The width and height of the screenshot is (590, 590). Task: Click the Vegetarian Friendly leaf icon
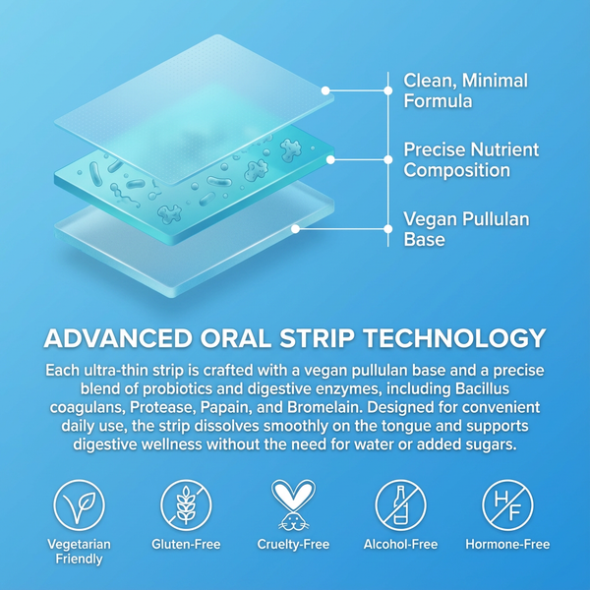tap(79, 505)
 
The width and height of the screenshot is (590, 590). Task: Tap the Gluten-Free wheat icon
tap(186, 505)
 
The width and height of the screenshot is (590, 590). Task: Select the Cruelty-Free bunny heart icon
tap(294, 505)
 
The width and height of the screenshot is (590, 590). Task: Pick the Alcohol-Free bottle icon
tap(401, 505)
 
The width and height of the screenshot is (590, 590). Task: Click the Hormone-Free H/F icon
tap(507, 505)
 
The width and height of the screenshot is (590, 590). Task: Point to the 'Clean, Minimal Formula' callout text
tap(465, 90)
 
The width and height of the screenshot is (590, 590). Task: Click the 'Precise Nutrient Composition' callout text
tap(471, 160)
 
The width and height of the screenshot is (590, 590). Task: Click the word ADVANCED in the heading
tap(117, 339)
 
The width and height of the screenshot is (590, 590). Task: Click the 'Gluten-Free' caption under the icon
tap(186, 544)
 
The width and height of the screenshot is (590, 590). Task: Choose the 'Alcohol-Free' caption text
tap(401, 544)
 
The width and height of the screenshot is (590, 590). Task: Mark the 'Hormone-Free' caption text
tap(507, 544)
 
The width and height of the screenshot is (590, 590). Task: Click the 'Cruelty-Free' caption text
tap(294, 544)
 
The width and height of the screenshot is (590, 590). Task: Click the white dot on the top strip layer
tap(325, 90)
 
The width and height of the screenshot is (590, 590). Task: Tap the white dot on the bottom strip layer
tap(295, 228)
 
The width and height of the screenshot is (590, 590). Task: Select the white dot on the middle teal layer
tap(330, 159)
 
